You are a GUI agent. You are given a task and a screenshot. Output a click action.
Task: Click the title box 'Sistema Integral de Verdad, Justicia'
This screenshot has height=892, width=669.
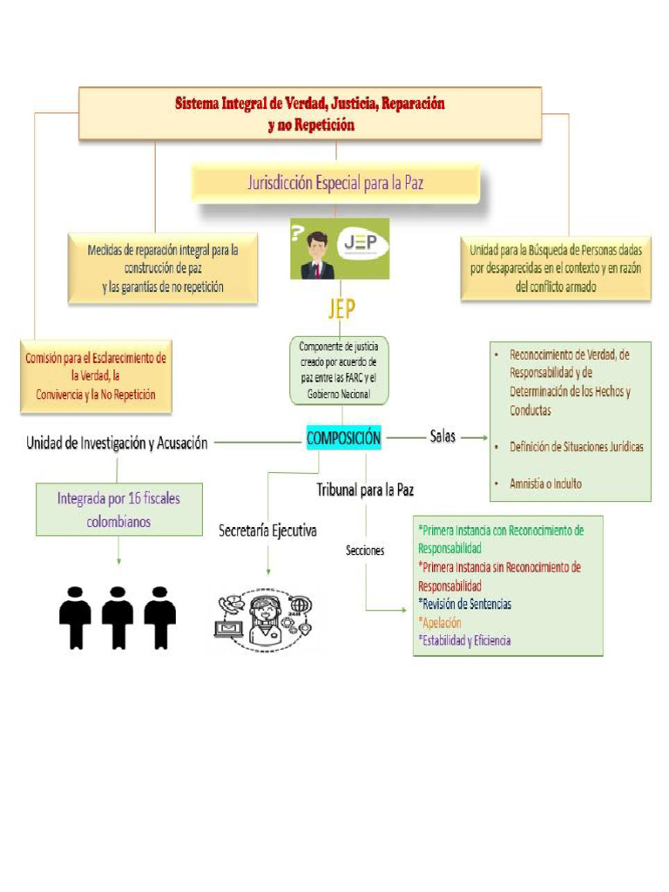310,113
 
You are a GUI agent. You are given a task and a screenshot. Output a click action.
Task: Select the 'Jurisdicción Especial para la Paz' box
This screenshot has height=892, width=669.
335,184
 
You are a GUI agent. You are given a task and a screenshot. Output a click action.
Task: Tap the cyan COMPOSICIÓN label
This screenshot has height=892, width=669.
343,439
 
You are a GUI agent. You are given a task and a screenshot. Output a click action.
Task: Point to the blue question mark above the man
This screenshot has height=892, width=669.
299,233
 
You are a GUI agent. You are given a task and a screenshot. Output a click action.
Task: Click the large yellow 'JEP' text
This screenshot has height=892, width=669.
335,309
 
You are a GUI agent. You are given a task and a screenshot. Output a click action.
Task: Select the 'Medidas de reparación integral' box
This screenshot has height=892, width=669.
163,268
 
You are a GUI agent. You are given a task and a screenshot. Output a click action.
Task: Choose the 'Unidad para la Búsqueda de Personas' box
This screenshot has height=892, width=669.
556,267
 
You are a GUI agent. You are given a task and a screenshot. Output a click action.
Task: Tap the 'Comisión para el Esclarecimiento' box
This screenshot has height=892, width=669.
96,376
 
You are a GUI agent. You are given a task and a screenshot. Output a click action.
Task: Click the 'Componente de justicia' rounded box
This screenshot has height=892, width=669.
338,371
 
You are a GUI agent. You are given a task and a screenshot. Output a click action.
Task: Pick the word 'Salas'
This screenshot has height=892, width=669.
443,437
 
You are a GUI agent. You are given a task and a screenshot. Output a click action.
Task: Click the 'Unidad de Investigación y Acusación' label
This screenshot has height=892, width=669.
118,443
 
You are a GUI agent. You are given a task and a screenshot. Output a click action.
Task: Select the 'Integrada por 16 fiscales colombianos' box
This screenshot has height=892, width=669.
118,510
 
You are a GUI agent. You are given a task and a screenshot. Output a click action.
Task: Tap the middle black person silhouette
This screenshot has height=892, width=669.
118,617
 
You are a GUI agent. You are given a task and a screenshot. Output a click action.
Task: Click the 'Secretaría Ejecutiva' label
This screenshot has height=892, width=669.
267,530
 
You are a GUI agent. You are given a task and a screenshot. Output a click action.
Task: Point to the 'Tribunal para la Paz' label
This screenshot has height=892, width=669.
364,490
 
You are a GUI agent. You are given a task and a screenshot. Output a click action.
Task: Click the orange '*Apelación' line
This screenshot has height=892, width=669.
440,623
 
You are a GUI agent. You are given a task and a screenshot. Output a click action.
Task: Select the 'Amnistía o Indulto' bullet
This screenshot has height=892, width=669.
545,483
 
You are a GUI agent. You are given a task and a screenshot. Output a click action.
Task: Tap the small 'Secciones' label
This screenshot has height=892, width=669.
364,551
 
